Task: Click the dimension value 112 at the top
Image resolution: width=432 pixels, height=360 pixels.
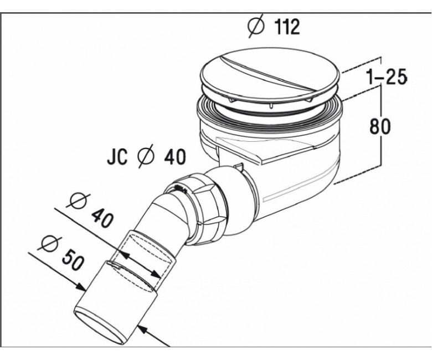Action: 287,27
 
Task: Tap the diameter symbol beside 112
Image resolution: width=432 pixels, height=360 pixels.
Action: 256,27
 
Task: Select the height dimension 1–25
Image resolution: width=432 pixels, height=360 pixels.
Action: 387,76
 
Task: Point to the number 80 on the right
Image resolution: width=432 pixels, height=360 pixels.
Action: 380,126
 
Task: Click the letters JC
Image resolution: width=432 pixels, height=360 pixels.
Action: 117,157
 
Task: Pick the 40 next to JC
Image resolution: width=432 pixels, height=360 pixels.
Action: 175,157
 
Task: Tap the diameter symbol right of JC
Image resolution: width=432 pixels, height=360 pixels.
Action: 146,157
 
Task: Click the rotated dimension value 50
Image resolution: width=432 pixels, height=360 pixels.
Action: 72,260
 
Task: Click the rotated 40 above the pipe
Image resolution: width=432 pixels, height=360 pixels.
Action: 102,217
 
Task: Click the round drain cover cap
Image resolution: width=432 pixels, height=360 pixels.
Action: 270,77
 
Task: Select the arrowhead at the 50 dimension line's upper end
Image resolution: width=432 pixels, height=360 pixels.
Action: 80,287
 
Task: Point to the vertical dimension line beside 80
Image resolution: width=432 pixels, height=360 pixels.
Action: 381,125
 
